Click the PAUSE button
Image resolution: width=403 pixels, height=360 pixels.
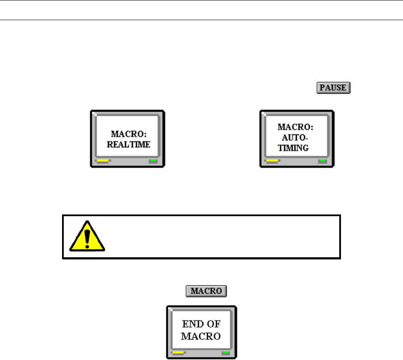tap(333, 88)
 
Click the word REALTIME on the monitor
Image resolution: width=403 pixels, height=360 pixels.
tap(128, 144)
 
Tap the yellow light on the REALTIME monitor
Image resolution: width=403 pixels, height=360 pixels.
tap(103, 161)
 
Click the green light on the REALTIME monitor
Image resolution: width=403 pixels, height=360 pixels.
tap(153, 161)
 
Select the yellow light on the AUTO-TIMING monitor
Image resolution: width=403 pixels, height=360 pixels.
tap(273, 161)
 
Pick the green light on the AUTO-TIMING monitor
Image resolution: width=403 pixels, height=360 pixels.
tap(323, 161)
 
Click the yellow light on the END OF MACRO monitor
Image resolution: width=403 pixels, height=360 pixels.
tap(178, 353)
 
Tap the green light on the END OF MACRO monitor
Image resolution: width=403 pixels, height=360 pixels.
tap(225, 353)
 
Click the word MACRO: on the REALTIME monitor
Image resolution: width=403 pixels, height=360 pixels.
tap(128, 134)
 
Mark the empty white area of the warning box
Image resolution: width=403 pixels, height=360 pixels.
tap(222, 237)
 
